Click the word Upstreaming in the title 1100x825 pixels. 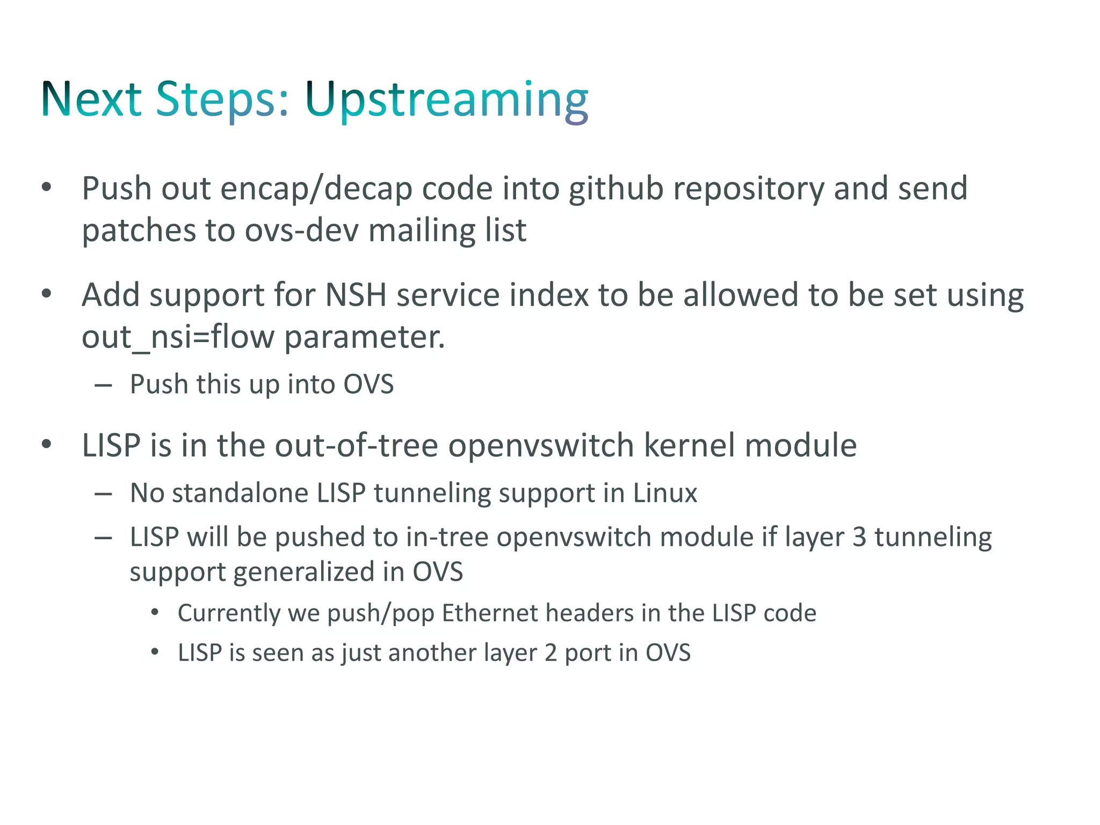(x=446, y=99)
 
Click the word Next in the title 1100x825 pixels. (x=91, y=99)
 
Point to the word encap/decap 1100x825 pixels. (x=316, y=189)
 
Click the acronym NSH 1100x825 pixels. (x=356, y=295)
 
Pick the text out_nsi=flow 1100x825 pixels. (x=178, y=337)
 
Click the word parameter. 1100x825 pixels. (x=364, y=337)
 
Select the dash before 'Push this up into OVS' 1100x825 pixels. (x=103, y=385)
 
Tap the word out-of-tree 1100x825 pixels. (x=356, y=446)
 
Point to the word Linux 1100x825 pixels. (x=665, y=493)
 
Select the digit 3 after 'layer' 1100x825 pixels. (x=859, y=537)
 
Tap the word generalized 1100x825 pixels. (x=305, y=572)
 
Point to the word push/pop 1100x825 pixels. (x=380, y=613)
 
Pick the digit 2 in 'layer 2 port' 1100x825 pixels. (x=551, y=653)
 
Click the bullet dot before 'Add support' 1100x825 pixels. (x=47, y=294)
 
